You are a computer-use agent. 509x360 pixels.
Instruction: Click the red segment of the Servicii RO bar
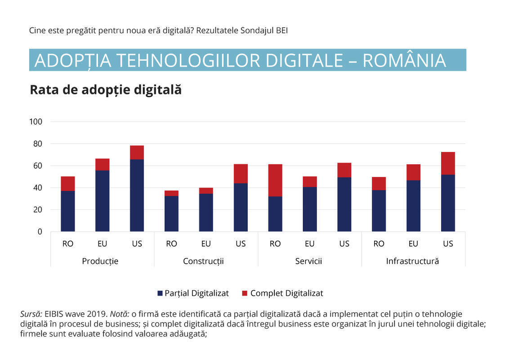275,180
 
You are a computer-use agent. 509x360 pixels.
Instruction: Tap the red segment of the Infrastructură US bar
448,163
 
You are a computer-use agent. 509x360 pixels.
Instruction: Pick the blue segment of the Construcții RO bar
171,213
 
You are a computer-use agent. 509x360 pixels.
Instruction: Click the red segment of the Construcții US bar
241,174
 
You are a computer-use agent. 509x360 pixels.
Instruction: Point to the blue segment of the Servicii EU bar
309,209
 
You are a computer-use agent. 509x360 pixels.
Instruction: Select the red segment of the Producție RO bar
68,184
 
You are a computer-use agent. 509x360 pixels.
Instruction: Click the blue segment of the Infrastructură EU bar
413,206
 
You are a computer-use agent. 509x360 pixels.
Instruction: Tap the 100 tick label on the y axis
36,122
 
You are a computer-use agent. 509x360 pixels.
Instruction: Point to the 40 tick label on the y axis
37,188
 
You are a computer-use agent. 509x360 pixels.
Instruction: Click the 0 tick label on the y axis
40,232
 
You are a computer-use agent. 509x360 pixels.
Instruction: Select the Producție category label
100,261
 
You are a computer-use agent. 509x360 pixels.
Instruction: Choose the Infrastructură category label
412,261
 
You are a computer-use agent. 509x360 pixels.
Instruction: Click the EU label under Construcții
206,244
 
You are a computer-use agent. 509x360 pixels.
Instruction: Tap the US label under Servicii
344,244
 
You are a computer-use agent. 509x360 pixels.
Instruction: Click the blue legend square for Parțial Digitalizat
160,293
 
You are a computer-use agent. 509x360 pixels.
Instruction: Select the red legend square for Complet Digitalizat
245,293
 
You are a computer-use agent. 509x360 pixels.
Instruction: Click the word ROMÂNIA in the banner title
404,60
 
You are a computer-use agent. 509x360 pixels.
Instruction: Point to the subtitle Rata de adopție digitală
106,90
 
